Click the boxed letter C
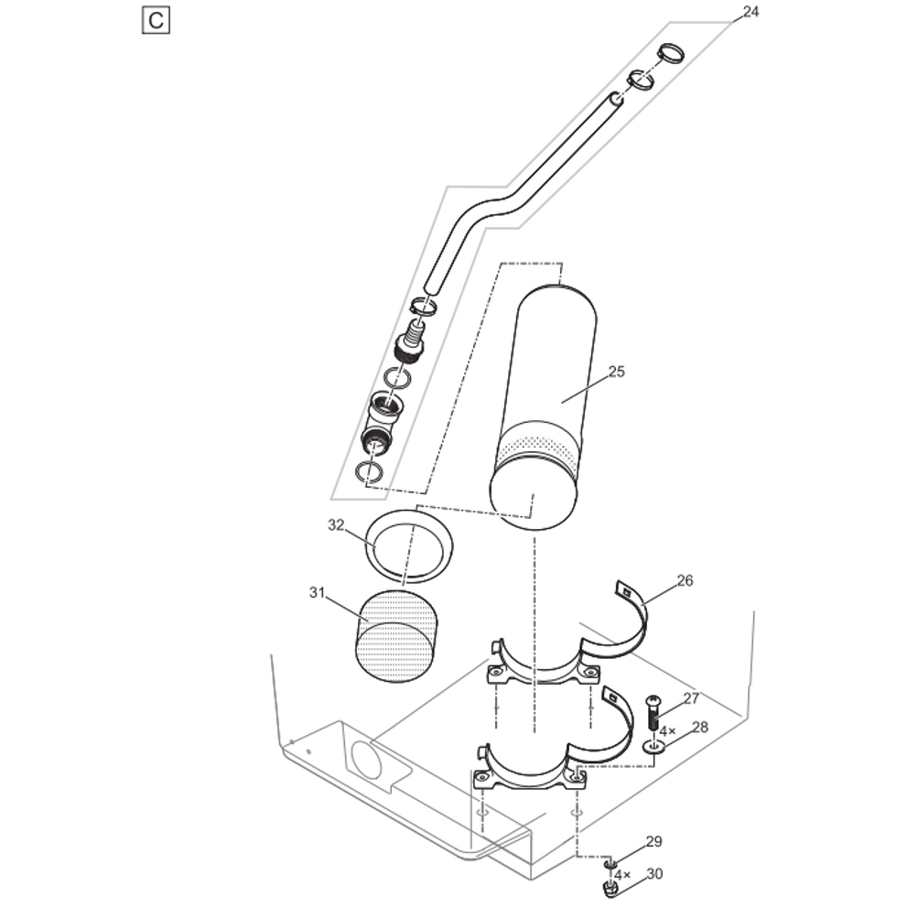click(156, 20)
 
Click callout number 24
click(750, 12)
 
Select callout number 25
click(616, 372)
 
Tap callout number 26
click(685, 580)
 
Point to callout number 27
click(691, 698)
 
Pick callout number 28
click(699, 727)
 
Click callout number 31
click(317, 593)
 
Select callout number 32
click(336, 525)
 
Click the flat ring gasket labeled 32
click(409, 546)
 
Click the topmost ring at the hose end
click(672, 53)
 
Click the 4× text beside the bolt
click(667, 731)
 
